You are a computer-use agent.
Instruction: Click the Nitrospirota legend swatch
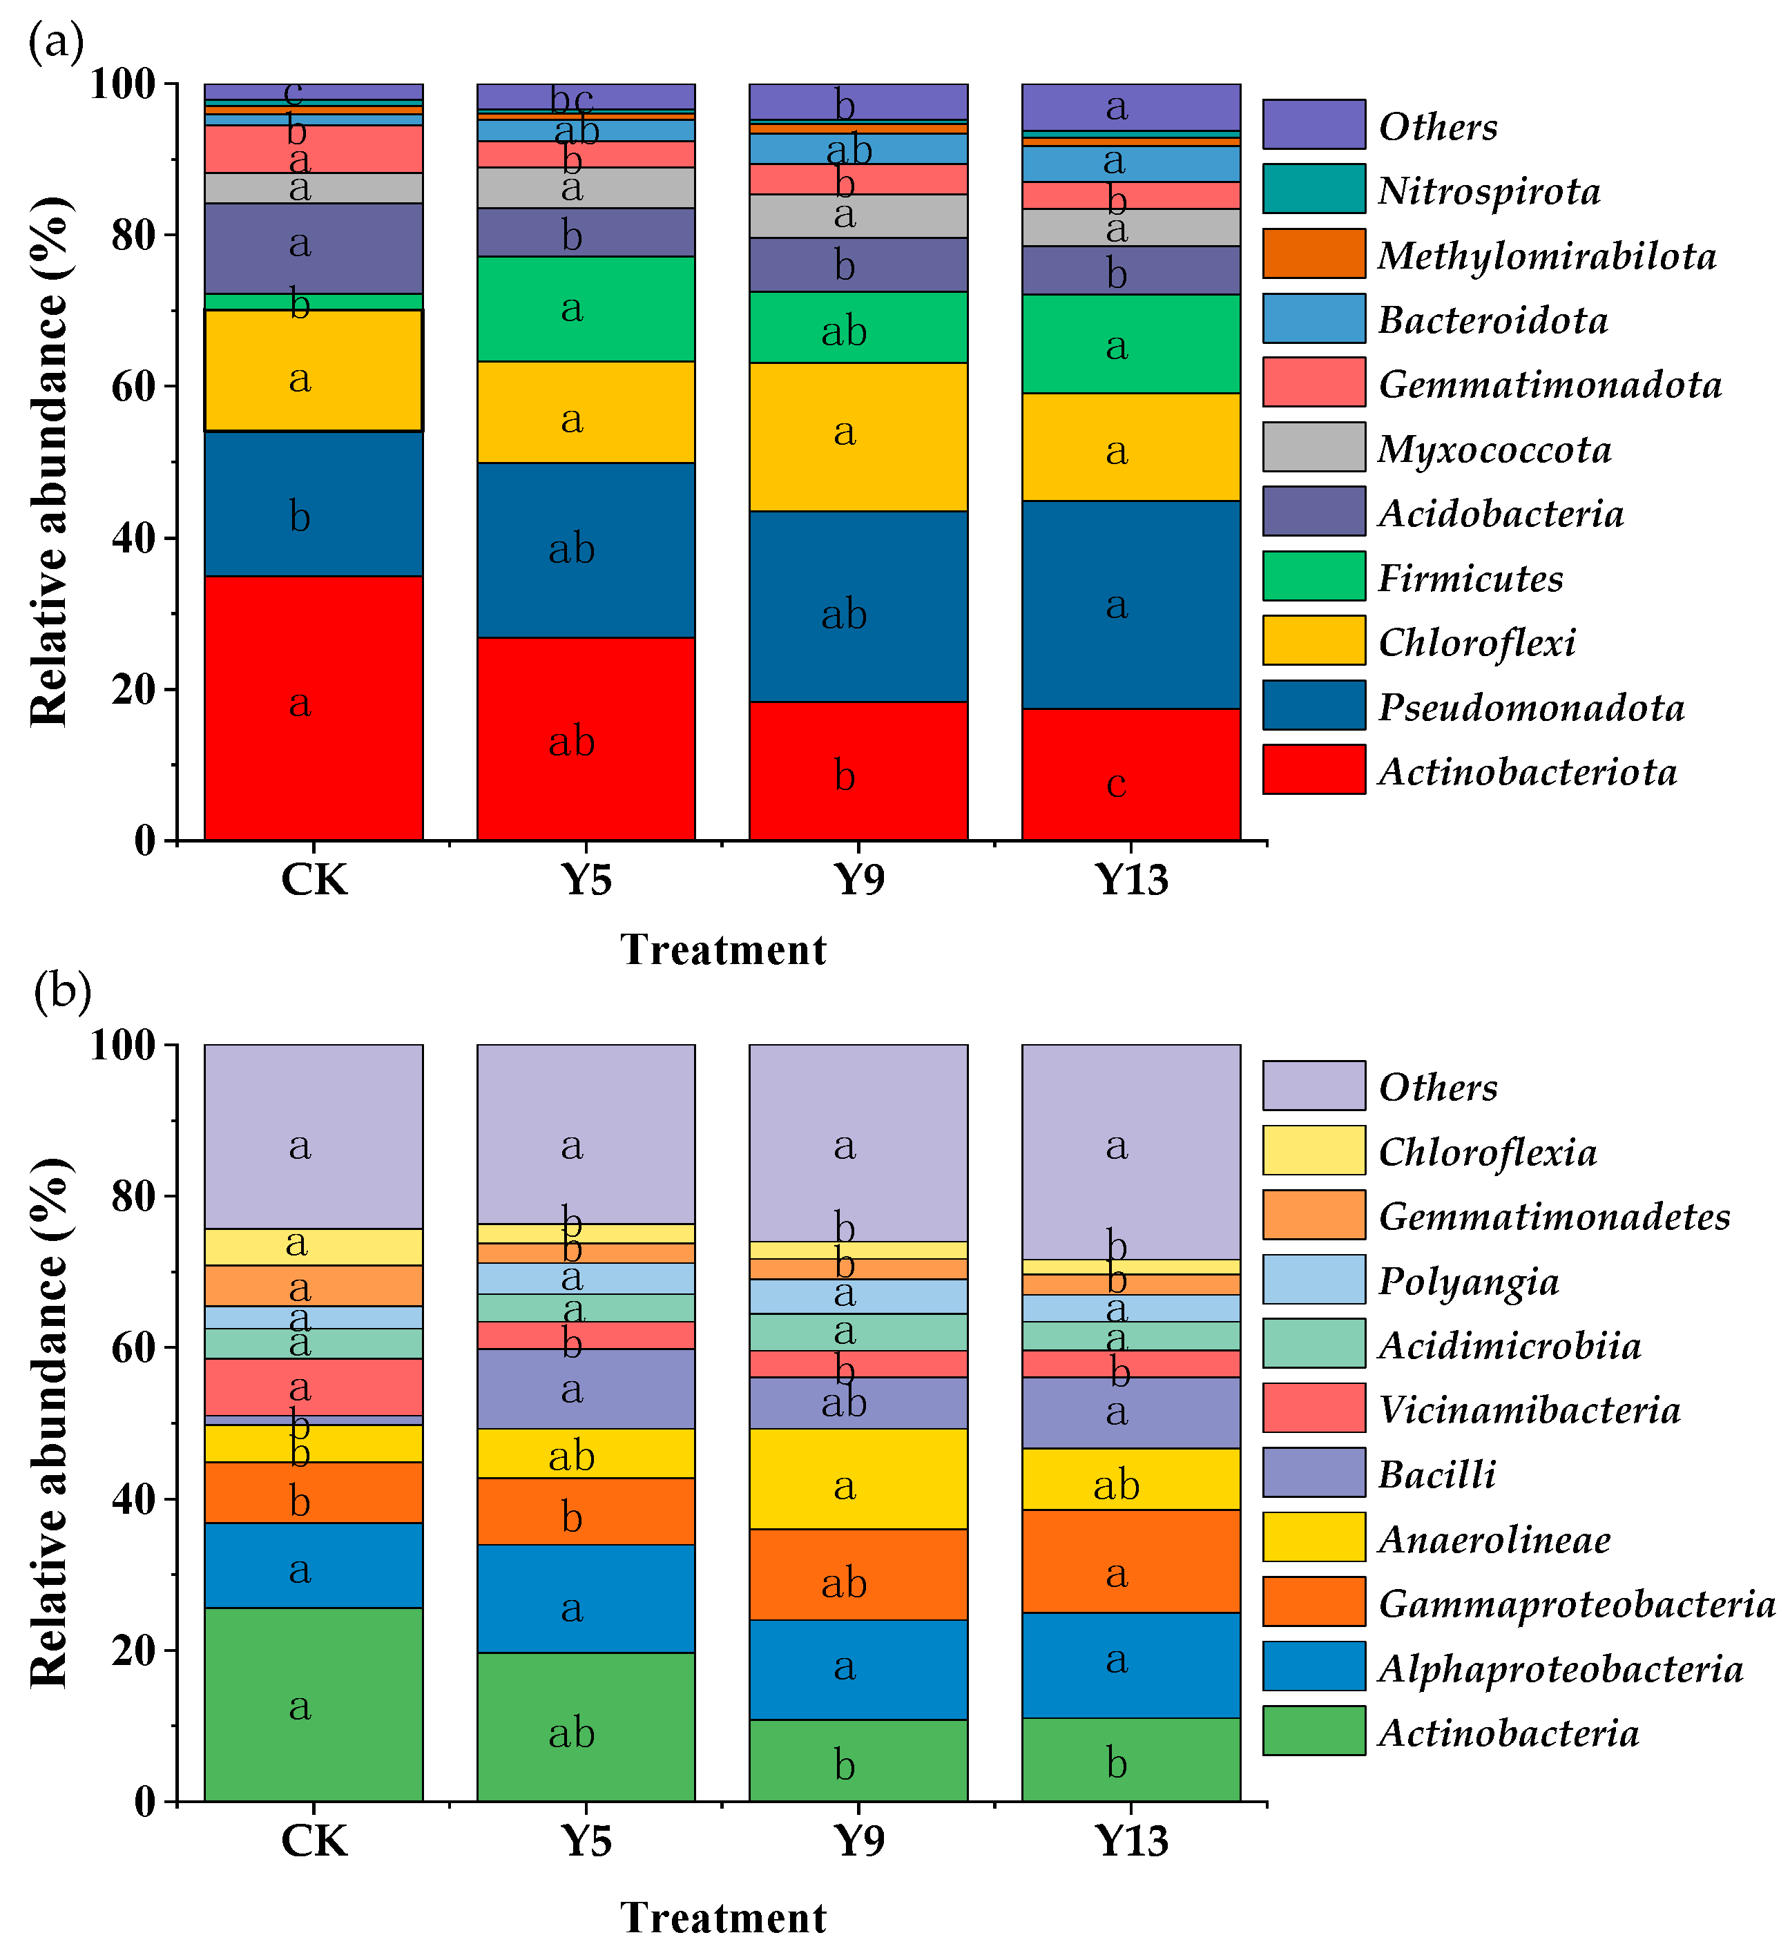point(1313,189)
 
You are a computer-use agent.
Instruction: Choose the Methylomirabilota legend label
point(1547,256)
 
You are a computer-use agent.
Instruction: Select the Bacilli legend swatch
point(1313,1472)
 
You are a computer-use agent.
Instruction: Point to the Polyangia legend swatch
point(1313,1280)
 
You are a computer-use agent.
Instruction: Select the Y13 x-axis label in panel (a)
point(1130,880)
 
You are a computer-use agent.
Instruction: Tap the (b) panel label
point(62,992)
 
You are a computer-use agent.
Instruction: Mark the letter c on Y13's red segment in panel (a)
point(1116,782)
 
